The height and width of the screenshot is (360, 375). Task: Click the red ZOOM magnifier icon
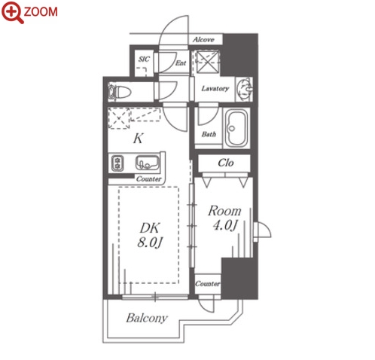pyautogui.click(x=13, y=12)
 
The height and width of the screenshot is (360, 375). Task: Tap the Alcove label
pyautogui.click(x=203, y=39)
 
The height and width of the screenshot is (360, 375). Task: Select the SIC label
pyautogui.click(x=144, y=59)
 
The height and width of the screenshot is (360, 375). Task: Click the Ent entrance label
pyautogui.click(x=181, y=63)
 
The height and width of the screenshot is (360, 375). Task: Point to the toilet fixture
pyautogui.click(x=120, y=92)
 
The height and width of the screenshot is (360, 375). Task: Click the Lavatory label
pyautogui.click(x=215, y=88)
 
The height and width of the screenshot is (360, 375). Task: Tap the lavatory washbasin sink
pyautogui.click(x=245, y=90)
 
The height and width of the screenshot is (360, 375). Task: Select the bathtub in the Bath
pyautogui.click(x=236, y=128)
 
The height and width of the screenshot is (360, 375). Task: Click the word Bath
pyautogui.click(x=209, y=134)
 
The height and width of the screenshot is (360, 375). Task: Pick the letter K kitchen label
pyautogui.click(x=139, y=139)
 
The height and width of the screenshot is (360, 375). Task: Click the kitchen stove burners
pyautogui.click(x=117, y=163)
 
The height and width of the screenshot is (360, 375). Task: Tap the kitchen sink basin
pyautogui.click(x=148, y=163)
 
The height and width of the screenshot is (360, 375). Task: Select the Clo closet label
pyautogui.click(x=226, y=163)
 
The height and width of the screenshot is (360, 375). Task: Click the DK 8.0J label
pyautogui.click(x=150, y=235)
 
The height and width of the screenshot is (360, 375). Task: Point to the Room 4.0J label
pyautogui.click(x=224, y=218)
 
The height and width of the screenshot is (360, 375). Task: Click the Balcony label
pyautogui.click(x=147, y=318)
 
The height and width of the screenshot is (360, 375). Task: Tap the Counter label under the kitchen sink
pyautogui.click(x=148, y=179)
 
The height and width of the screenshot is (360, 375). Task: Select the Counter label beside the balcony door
pyautogui.click(x=207, y=284)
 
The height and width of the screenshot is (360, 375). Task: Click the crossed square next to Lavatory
pyautogui.click(x=207, y=62)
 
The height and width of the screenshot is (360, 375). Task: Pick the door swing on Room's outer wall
pyautogui.click(x=262, y=229)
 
